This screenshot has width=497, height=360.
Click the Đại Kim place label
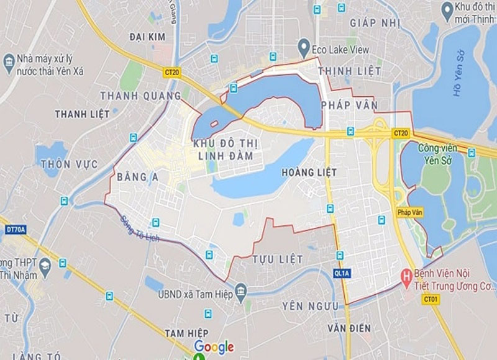click(147, 37)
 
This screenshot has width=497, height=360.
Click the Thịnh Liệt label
click(349, 71)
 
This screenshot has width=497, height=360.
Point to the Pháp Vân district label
click(349, 106)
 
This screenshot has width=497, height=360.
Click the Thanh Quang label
click(140, 96)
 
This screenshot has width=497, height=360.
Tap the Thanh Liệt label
click(82, 114)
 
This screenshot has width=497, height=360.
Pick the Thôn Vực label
click(60, 164)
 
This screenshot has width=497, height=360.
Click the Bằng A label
click(137, 178)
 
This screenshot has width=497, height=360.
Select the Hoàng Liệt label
click(309, 171)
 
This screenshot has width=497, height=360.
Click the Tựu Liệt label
click(278, 258)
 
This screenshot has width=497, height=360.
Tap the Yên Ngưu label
click(310, 306)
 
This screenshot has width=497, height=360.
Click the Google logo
click(214, 346)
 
